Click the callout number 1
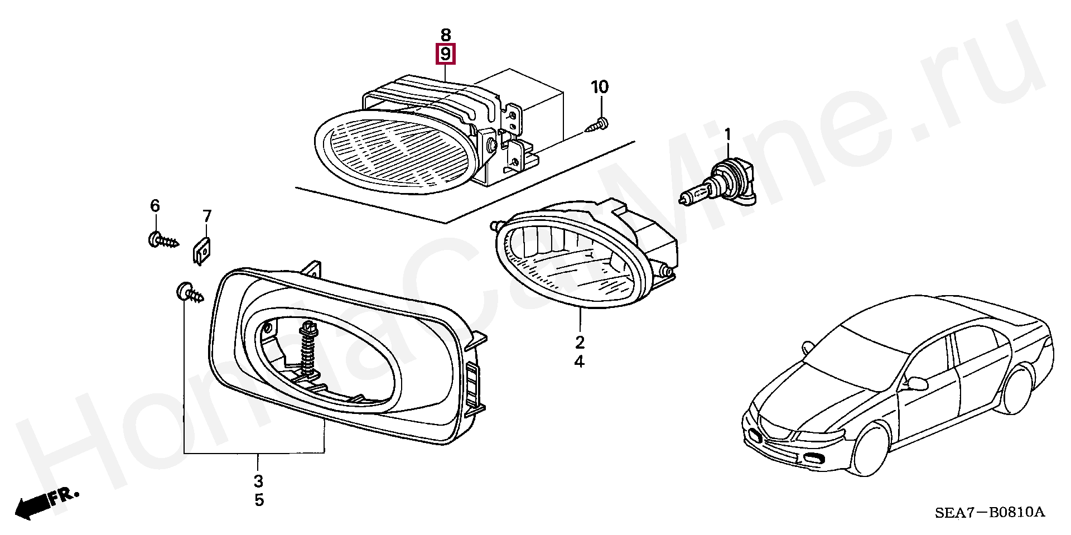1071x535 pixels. pos(727,134)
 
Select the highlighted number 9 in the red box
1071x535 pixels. pos(445,54)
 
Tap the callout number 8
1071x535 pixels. pos(445,35)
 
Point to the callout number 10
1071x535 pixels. pos(600,87)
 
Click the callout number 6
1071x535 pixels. pos(155,206)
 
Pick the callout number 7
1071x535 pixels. pos(207,216)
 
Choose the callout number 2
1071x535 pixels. pos(580,342)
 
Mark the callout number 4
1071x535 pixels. pos(580,362)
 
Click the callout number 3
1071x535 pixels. pos(258,481)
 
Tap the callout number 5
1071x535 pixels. pos(259,500)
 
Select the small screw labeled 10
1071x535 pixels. pos(597,124)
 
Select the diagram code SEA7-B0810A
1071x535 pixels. pos(989,513)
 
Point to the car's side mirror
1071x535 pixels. pos(918,384)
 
